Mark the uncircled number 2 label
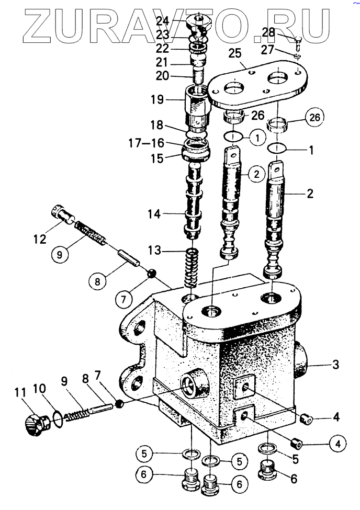tap(310, 194)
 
